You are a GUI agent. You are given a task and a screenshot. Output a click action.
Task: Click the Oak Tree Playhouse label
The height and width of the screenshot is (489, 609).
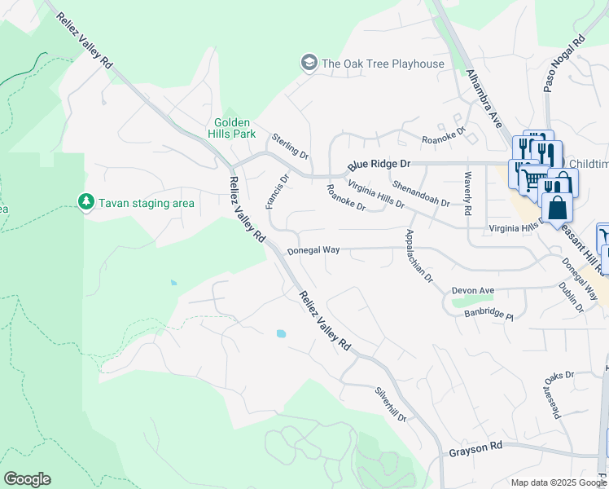tap(383, 64)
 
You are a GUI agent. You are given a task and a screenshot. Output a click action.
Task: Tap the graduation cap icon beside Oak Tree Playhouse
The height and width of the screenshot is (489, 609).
tap(309, 63)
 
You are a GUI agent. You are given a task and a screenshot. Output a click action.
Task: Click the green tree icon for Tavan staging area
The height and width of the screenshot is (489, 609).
tap(85, 201)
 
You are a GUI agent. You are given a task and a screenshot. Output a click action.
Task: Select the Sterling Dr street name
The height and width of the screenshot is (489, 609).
tap(291, 146)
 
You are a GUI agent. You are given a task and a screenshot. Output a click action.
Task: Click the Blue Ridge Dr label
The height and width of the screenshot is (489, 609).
tap(379, 164)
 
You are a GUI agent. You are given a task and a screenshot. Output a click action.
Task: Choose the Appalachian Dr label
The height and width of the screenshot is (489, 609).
tap(419, 255)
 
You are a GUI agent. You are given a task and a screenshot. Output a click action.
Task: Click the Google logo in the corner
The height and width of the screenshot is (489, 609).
tap(27, 479)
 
